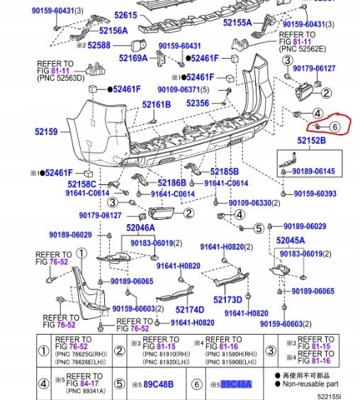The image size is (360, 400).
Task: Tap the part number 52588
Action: pos(99,45)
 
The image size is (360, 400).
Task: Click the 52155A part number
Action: pos(238,22)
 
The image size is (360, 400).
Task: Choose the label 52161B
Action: pos(156,104)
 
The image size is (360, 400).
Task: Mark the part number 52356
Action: pos(198,103)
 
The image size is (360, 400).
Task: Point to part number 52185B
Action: pos(224,172)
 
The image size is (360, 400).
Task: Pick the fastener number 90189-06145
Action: pos(314,171)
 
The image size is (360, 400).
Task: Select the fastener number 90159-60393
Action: pos(315,193)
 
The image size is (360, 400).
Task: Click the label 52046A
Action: pos(140,228)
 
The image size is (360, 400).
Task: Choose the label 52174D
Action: pos(189,310)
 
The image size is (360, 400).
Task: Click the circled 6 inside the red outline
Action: pos(334,127)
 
